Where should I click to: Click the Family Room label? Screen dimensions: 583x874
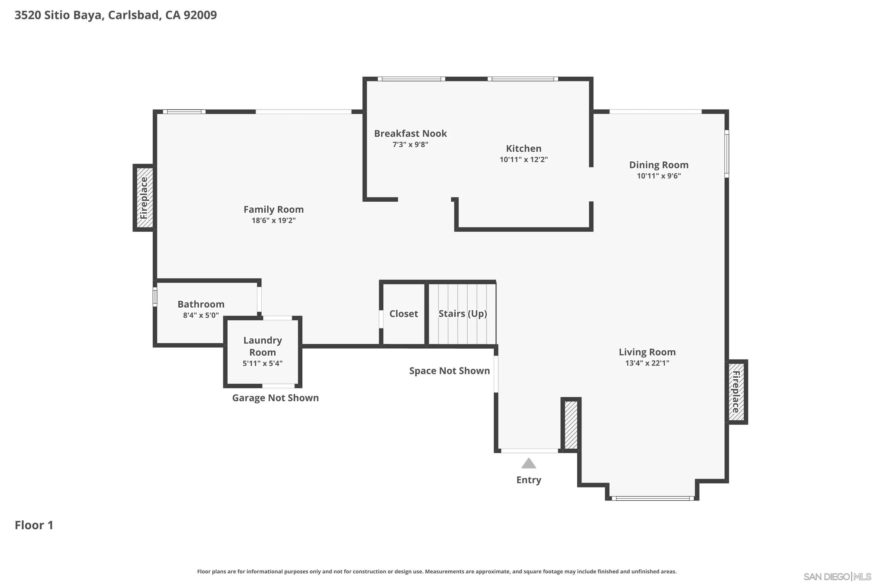tap(274, 209)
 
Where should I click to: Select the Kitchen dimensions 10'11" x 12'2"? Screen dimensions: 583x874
tap(524, 159)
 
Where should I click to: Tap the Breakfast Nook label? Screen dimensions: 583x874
tap(410, 134)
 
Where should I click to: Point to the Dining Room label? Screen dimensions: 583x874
tap(658, 165)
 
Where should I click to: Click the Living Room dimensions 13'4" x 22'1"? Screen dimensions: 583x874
tap(647, 363)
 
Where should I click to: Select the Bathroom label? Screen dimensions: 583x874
tap(201, 304)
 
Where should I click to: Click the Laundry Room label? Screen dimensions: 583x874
tap(262, 346)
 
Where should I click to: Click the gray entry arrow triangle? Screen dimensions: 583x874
tap(528, 464)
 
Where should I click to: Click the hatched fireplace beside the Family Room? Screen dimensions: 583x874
tap(144, 198)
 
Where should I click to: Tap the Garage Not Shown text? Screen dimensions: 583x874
tap(275, 398)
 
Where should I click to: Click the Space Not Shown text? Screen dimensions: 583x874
tap(449, 371)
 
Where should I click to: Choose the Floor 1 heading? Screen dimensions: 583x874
tap(34, 525)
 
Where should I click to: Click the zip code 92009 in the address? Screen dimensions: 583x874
tap(200, 15)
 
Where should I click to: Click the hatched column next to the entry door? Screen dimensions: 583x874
tap(571, 425)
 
